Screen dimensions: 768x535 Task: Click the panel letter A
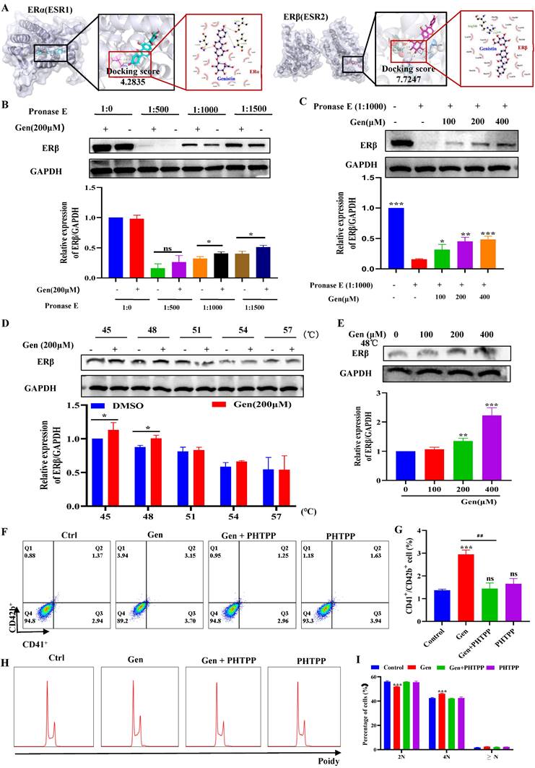tap(6, 7)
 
